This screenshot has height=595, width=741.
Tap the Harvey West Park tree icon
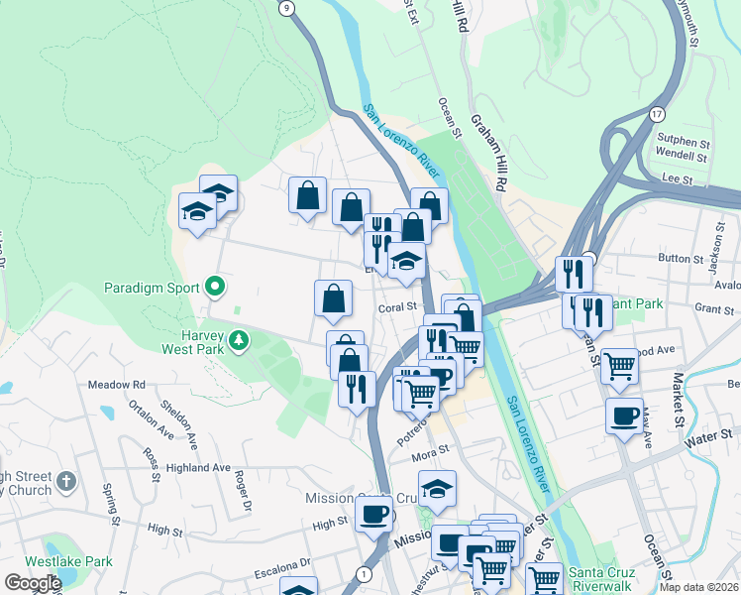click(238, 341)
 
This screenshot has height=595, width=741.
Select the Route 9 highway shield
click(287, 8)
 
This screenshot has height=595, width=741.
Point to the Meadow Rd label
click(117, 384)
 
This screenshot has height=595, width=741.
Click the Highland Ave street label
click(198, 467)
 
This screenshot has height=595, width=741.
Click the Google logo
click(33, 582)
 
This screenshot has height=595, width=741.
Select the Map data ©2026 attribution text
click(699, 587)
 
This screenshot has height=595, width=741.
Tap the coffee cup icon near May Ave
click(624, 416)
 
